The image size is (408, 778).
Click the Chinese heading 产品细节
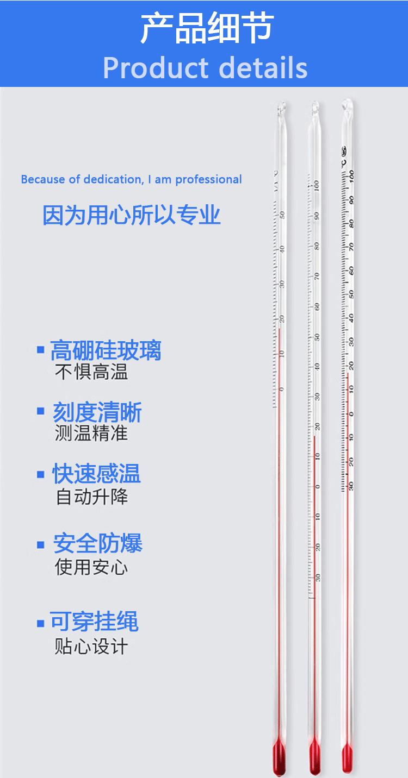pos(207,28)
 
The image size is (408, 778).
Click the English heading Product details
pos(205,67)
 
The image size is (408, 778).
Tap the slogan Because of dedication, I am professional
pos(131,179)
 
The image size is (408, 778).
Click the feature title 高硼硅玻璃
pos(106,350)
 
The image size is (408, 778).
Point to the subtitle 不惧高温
pos(91,373)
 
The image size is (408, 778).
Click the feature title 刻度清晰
pos(97,412)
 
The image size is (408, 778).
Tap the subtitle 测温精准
pos(91,434)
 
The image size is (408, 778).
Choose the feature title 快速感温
pos(96,474)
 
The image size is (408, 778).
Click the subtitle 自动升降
pos(92,497)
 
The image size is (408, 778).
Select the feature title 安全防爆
pos(98,543)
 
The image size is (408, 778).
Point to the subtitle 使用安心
pos(91,567)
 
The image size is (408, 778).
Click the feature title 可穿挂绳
pos(95,622)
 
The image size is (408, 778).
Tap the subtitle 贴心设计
pos(91,646)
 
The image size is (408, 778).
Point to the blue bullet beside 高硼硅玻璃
pos(40,349)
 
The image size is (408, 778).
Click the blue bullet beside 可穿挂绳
pos(40,623)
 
